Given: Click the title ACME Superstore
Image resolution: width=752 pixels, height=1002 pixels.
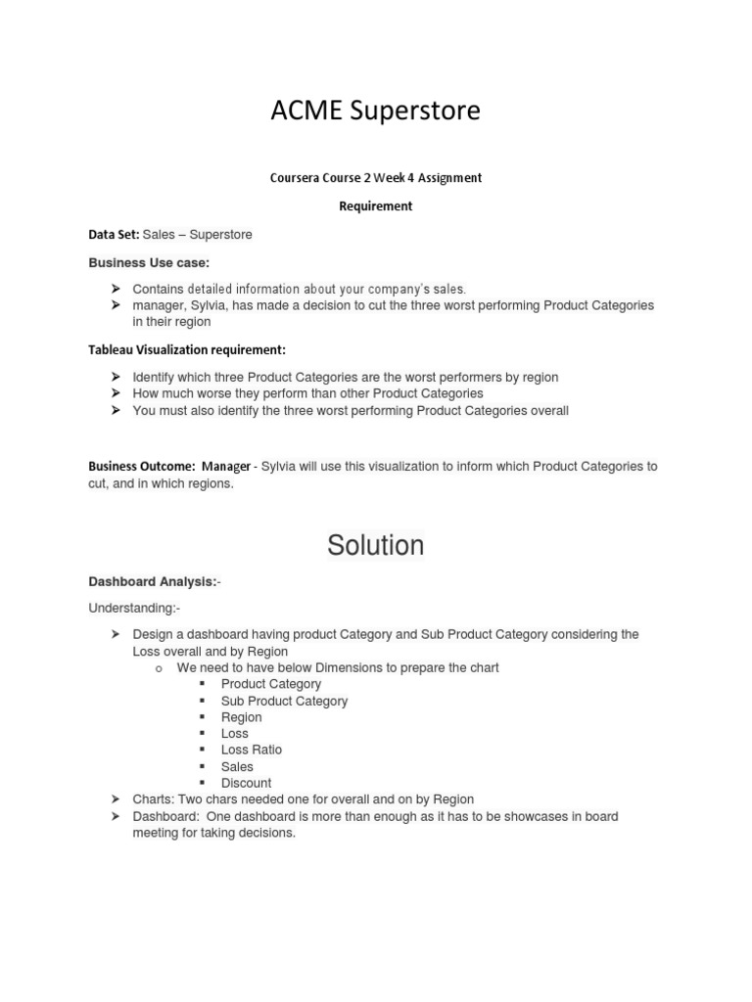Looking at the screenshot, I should pos(375,112).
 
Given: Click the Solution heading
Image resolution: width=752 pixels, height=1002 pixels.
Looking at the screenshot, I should pos(375,545).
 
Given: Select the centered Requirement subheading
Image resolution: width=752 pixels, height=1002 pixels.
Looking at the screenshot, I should pos(375,206).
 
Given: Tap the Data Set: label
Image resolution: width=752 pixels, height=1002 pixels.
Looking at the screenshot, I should pos(114,235).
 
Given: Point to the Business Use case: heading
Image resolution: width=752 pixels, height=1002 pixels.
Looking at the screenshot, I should pos(149,263).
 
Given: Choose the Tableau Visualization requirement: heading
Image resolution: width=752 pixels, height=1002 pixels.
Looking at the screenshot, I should pos(187,349).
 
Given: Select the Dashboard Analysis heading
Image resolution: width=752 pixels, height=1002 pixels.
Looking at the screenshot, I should pos(153,581).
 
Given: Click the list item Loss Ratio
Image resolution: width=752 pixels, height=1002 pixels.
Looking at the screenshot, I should pos(251,750).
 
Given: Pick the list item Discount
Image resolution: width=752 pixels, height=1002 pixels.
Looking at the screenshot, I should pos(246,783).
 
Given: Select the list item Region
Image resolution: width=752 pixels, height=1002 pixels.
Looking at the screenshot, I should pos(241,717).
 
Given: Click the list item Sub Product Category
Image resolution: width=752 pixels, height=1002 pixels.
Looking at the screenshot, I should pos(284,701).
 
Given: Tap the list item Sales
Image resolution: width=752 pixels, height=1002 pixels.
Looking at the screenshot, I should pos(237,766).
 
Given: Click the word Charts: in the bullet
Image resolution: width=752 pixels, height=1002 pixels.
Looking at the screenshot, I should pos(155,799).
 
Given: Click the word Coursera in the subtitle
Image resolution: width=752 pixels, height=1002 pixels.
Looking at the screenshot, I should pos(296,178).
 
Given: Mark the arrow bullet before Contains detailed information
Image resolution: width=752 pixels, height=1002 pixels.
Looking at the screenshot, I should pos(115,289).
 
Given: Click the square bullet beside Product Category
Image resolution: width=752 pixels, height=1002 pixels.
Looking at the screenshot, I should pos(202,684).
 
